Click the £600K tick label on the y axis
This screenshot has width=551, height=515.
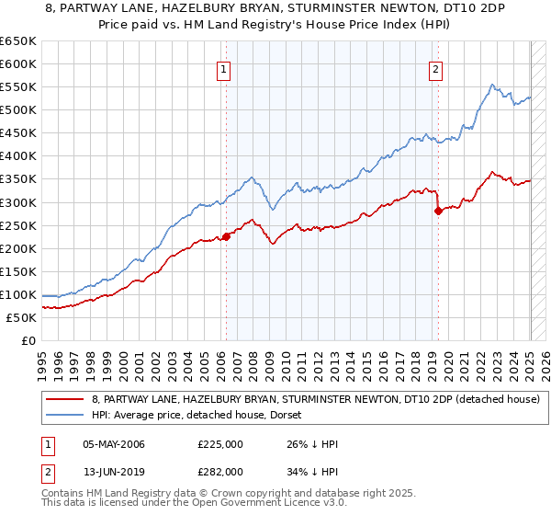[18, 63]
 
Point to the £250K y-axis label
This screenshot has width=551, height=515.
[18, 225]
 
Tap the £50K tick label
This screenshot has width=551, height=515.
[21, 317]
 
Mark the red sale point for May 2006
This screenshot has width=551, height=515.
[226, 236]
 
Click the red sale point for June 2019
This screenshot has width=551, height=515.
[438, 211]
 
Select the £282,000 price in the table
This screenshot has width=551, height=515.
[220, 473]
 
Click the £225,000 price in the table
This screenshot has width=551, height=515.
[220, 444]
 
